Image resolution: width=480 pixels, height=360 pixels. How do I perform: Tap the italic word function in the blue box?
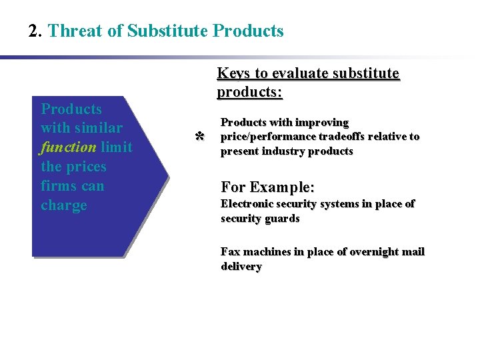[x=68, y=147]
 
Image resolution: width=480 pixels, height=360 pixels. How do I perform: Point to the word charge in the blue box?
[x=64, y=205]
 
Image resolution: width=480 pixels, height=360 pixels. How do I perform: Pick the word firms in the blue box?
[x=58, y=185]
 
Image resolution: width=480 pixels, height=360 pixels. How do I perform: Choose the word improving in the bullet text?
[x=323, y=123]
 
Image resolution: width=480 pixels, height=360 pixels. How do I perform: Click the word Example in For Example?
[x=285, y=187]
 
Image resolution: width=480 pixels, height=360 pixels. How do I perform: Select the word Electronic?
[x=247, y=204]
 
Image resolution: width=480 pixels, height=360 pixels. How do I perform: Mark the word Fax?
[x=231, y=252]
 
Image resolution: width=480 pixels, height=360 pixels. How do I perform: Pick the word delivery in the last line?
[x=241, y=267]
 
